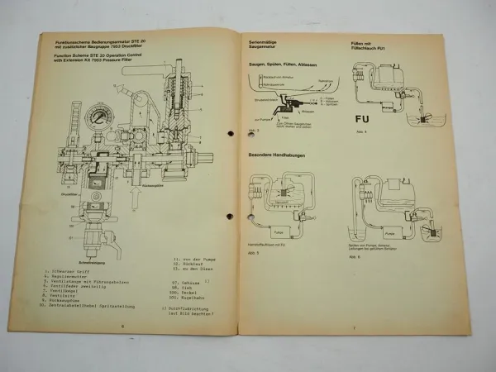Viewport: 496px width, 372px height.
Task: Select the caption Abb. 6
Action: [x=346, y=255]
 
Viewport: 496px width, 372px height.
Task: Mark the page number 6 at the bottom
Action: [x=122, y=328]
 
